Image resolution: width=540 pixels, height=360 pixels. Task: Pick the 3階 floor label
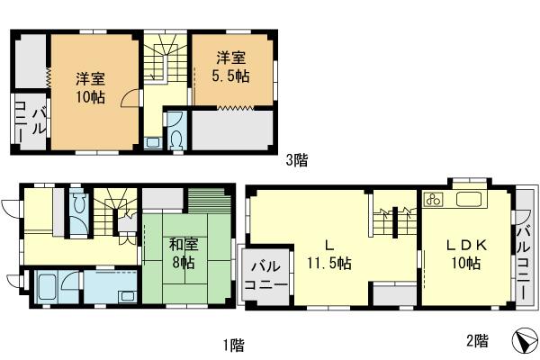[297, 161]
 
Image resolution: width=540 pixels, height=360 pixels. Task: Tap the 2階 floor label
[477, 341]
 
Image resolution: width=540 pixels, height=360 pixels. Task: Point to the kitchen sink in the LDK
[470, 200]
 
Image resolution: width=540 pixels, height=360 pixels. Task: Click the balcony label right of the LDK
[523, 254]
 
